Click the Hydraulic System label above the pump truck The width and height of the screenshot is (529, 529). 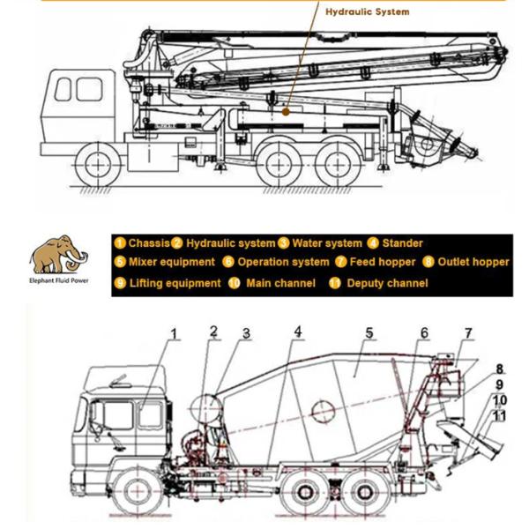[x=368, y=11]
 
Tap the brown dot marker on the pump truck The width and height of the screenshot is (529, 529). [x=286, y=112]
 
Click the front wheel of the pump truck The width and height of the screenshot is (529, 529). [x=98, y=165]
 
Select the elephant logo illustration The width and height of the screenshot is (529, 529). [x=59, y=255]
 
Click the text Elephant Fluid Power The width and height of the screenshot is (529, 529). [x=59, y=280]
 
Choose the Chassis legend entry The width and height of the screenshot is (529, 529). [x=142, y=243]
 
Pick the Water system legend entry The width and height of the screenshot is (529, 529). [x=320, y=243]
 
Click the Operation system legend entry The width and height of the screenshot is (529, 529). [x=276, y=262]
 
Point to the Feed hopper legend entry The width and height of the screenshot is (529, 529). [x=376, y=262]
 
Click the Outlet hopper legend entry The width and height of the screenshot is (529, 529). [x=466, y=262]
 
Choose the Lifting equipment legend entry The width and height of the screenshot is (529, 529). [x=168, y=283]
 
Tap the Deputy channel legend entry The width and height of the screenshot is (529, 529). [x=378, y=283]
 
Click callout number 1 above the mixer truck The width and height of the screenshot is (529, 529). [x=174, y=334]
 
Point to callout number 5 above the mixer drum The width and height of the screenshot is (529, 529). [x=369, y=333]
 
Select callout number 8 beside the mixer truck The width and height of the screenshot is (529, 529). [x=500, y=369]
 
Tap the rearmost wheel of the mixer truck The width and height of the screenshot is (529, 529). [x=365, y=493]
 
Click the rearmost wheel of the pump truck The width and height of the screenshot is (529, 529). [x=338, y=165]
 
